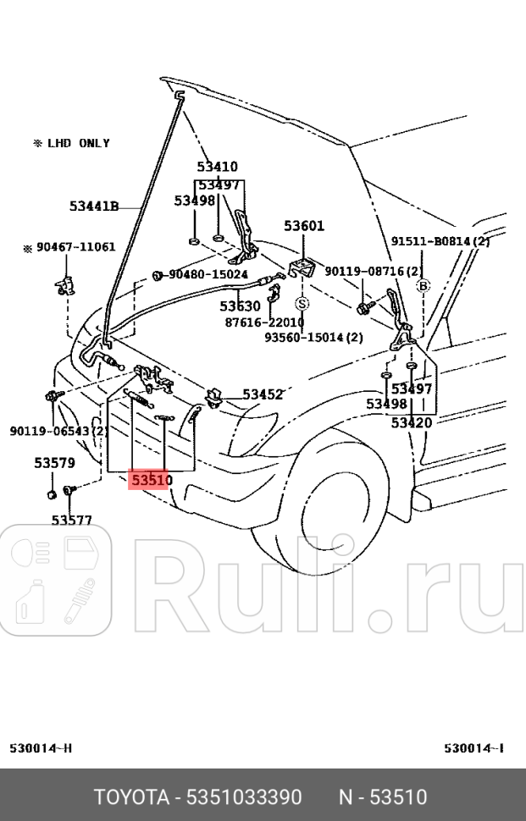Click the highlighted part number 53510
click(152, 481)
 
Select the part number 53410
click(218, 167)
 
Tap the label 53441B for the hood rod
click(93, 206)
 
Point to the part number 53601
click(304, 226)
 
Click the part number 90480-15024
click(208, 275)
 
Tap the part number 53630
click(241, 306)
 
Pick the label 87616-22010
click(264, 322)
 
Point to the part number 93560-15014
click(313, 337)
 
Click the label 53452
click(263, 394)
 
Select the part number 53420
click(412, 422)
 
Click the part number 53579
click(54, 463)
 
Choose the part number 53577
click(72, 520)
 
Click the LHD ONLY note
click(71, 143)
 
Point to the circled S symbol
click(302, 303)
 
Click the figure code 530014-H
click(41, 748)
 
